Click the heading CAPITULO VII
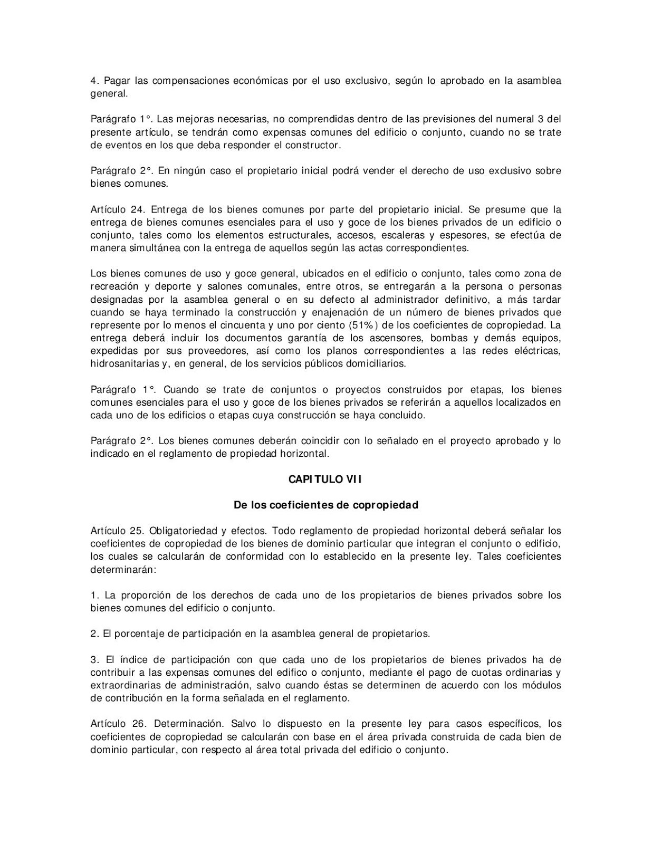pyautogui.click(x=325, y=479)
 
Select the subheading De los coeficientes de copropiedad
pyautogui.click(x=325, y=505)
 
